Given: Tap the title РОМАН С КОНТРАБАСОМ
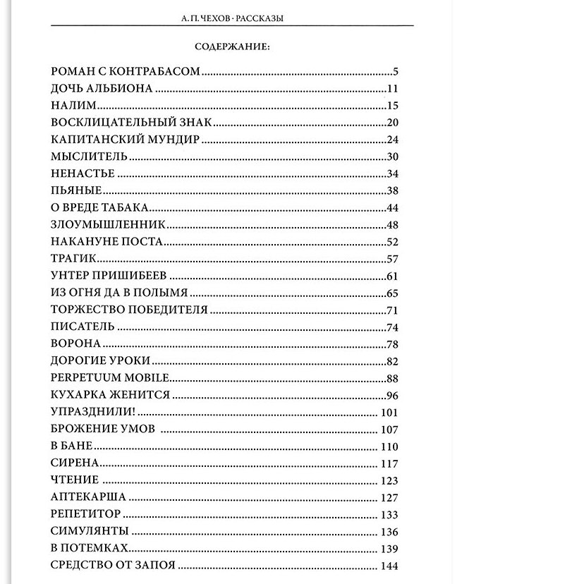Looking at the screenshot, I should tap(126, 71).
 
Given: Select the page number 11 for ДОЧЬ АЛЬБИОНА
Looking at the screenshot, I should tap(393, 89).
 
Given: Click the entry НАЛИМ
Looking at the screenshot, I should tap(73, 106).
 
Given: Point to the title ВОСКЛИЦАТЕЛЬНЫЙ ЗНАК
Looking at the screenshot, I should tap(131, 123).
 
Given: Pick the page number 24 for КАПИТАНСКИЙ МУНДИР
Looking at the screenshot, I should tap(393, 140).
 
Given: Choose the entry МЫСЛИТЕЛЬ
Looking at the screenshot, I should tap(89, 157).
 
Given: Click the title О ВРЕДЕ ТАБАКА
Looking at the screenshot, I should tap(99, 207).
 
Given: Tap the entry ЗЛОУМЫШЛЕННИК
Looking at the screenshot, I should tap(108, 224).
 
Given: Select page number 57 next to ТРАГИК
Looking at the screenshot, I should tap(393, 258).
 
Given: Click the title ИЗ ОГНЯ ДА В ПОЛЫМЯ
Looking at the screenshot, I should tap(119, 292).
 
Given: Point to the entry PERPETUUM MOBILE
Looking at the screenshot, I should tap(110, 377).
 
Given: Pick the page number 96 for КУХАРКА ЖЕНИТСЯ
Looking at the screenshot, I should tap(393, 395).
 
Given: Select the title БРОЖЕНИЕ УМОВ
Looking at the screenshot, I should tap(102, 429).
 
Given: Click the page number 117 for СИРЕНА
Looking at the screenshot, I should tap(389, 463).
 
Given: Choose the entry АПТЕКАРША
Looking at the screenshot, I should tap(88, 497).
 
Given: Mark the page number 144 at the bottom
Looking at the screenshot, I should tap(389, 566).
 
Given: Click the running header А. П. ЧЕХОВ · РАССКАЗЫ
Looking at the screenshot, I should tap(232, 19).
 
